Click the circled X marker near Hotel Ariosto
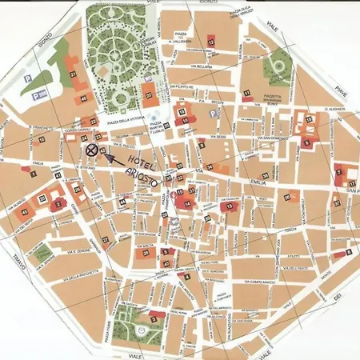(x=93, y=149)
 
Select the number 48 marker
(x=83, y=98)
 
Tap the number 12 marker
(x=212, y=40)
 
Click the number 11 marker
(x=247, y=94)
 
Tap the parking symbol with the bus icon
(x=36, y=94)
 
